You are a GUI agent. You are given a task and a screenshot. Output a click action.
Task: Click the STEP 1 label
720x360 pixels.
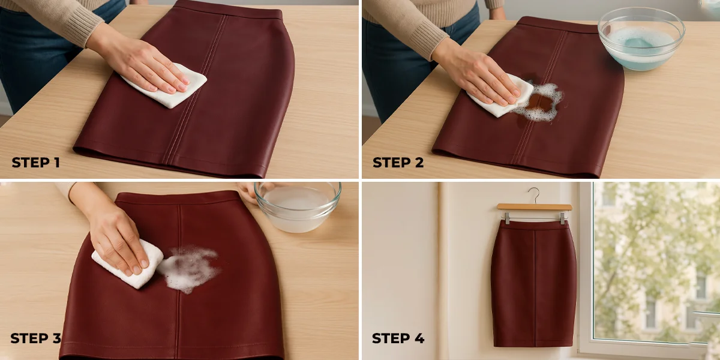pyautogui.click(x=35, y=163)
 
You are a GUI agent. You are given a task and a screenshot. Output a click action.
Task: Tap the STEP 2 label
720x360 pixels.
pyautogui.click(x=398, y=163)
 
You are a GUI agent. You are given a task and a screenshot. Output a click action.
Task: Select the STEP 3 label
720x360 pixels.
pyautogui.click(x=35, y=338)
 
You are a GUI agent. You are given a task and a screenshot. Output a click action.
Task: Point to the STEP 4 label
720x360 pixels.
pyautogui.click(x=398, y=338)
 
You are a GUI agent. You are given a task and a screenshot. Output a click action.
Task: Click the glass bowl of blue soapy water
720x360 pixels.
pyautogui.click(x=641, y=38)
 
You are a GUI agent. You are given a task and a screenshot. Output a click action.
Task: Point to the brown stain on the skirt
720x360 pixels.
pyautogui.click(x=540, y=103)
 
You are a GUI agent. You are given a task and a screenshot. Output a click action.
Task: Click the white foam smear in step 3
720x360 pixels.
pyautogui.click(x=190, y=268)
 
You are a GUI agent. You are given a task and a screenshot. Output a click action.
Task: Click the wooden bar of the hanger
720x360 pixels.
pyautogui.click(x=535, y=207)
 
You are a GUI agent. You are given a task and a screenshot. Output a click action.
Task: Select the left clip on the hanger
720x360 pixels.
pyautogui.click(x=507, y=218)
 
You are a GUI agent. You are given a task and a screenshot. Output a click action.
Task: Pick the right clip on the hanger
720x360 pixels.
pyautogui.click(x=563, y=218)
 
